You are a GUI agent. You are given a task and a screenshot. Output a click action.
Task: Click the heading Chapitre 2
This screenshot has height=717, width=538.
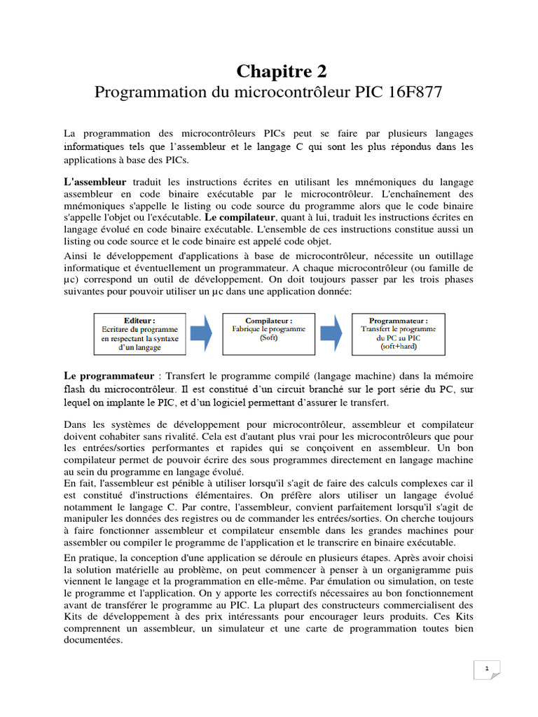pyautogui.click(x=281, y=71)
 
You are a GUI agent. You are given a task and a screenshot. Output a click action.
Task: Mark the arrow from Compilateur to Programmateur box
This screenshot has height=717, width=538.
pyautogui.click(x=333, y=333)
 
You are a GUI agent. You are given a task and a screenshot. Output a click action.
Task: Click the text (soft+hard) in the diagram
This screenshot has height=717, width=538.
pyautogui.click(x=398, y=347)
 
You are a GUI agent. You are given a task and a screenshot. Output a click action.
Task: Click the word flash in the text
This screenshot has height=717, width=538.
pyautogui.click(x=75, y=388)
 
